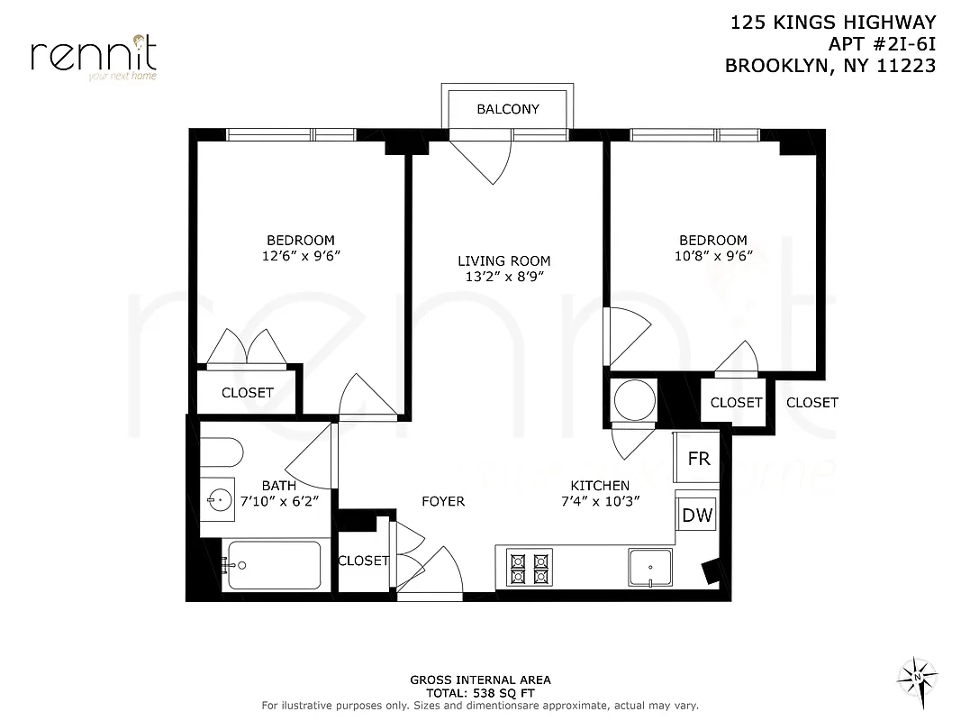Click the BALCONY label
pos(507,109)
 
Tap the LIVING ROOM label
pos(503,261)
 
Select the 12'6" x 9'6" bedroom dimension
pos(300,256)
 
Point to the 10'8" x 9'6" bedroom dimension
pos(712,256)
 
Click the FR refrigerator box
pos(698,458)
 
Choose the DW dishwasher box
pos(696,516)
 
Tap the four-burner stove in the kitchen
pos(529,568)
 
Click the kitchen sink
pos(650,568)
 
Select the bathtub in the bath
pos(273,565)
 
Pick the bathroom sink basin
pos(217,498)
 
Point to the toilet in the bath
pos(221,451)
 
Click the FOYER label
pos(443,500)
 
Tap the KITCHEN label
pos(599,485)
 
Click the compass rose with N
pos(917,675)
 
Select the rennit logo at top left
pos(94,56)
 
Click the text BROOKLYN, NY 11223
pos(830,65)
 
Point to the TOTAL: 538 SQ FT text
pos(480,693)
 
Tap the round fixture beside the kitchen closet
pos(634,399)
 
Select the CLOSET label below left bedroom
pos(247,392)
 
